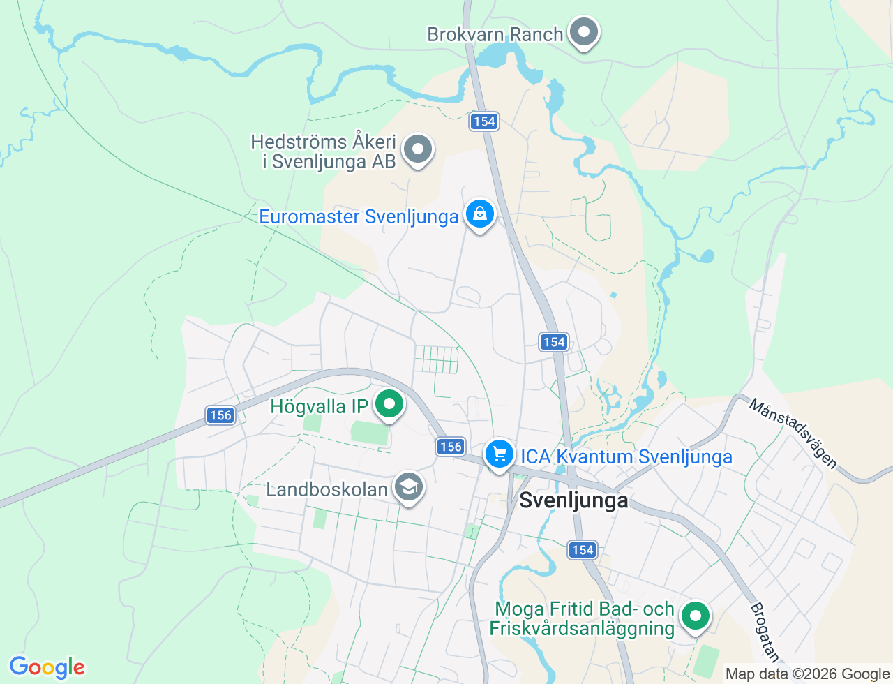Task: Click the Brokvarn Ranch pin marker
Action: pyautogui.click(x=583, y=32)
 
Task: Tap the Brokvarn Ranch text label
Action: pyautogui.click(x=495, y=34)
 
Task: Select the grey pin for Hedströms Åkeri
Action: pyautogui.click(x=419, y=149)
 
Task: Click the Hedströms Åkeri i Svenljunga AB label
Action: pyautogui.click(x=324, y=151)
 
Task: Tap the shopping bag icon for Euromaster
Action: pyautogui.click(x=480, y=214)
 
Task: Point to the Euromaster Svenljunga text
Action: pyautogui.click(x=359, y=216)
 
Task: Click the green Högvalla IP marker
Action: pyautogui.click(x=389, y=404)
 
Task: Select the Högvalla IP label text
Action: pyautogui.click(x=319, y=406)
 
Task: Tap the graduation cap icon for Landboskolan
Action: pyautogui.click(x=409, y=487)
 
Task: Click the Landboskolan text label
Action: pyautogui.click(x=327, y=489)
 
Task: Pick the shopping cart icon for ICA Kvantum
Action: pyautogui.click(x=499, y=454)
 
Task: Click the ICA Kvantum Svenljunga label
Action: pyautogui.click(x=626, y=456)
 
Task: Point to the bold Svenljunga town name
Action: pyautogui.click(x=573, y=500)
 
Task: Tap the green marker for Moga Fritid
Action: pyautogui.click(x=695, y=616)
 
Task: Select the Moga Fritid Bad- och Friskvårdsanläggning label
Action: pyautogui.click(x=582, y=619)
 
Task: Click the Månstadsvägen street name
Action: pyautogui.click(x=793, y=433)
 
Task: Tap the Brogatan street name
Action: pyautogui.click(x=764, y=632)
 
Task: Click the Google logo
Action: pyautogui.click(x=47, y=667)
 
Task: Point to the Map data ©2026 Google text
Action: pyautogui.click(x=807, y=674)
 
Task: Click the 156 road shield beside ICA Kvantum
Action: pyautogui.click(x=451, y=447)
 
